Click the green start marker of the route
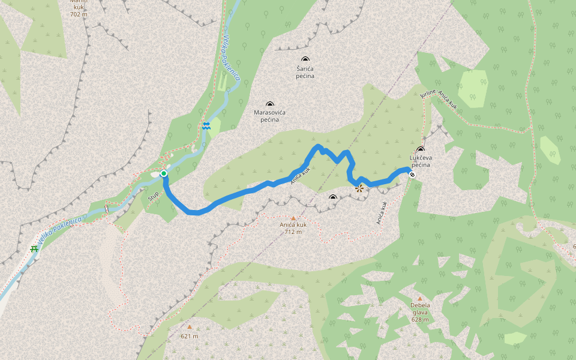click(163, 173)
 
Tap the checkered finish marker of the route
click(412, 175)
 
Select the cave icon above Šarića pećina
click(305, 59)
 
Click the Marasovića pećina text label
click(269, 116)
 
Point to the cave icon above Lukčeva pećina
click(420, 149)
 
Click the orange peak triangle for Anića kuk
click(293, 218)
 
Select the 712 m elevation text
click(293, 232)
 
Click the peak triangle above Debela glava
click(420, 298)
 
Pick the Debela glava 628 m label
click(420, 312)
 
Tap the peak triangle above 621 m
click(189, 327)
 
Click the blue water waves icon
click(206, 126)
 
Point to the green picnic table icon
click(34, 248)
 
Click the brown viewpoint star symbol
click(359, 188)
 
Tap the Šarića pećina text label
click(305, 73)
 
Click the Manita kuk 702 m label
click(77, 8)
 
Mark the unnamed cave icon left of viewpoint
click(333, 197)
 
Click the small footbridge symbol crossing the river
click(107, 208)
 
